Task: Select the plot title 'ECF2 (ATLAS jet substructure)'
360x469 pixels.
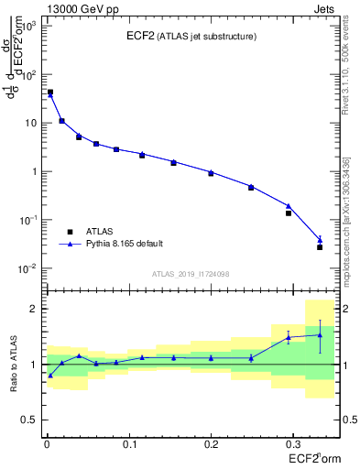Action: (x=191, y=37)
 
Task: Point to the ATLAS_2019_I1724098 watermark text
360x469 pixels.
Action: (x=191, y=273)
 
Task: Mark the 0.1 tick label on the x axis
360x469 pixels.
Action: (x=128, y=443)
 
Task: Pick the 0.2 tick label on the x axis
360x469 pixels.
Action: (x=211, y=443)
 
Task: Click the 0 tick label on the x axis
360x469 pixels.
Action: (x=46, y=443)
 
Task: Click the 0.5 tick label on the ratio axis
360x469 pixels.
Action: (x=29, y=420)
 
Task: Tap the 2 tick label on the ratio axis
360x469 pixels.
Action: (x=36, y=309)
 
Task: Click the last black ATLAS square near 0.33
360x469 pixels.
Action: (x=320, y=247)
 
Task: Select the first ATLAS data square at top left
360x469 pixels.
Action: (x=50, y=93)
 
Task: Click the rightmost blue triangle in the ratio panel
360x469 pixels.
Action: (x=320, y=335)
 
